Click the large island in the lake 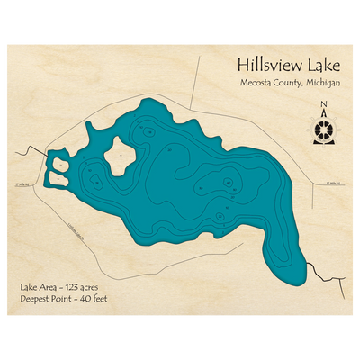[x=120, y=159]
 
